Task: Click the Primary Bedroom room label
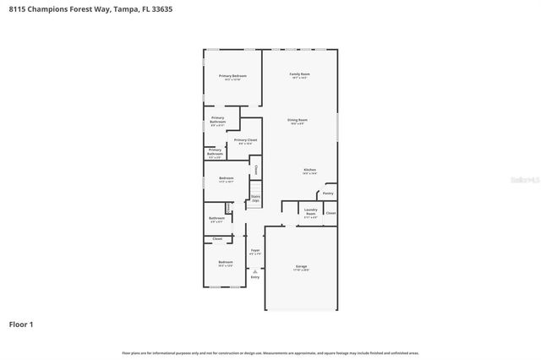[232, 76]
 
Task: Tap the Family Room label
[298, 74]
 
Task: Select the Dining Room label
[297, 120]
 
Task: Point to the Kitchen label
[310, 170]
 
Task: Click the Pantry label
[328, 193]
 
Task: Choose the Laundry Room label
[310, 212]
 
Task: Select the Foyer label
[254, 250]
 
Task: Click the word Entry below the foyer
[254, 276]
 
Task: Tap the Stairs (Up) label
[254, 199]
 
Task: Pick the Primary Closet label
[246, 140]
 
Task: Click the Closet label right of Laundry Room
[331, 213]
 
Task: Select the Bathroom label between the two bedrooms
[216, 218]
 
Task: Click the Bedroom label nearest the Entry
[225, 263]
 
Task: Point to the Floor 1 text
[20, 324]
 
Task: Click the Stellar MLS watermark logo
[522, 179]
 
